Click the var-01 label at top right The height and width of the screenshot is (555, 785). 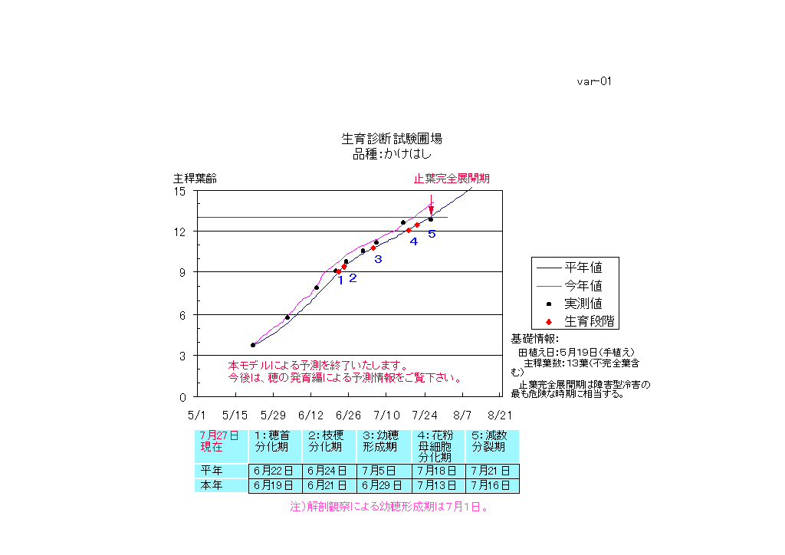pos(594,81)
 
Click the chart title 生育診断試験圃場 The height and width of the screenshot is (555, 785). pos(392,139)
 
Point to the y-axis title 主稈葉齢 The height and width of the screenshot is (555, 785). pos(195,179)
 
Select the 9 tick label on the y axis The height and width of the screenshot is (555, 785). pos(182,272)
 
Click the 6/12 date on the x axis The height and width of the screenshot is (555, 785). pos(310,415)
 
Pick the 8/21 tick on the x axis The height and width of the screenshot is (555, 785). pos(500,415)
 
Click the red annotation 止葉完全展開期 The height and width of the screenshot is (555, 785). pos(452,179)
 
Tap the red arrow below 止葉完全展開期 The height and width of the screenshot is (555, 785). pos(432,205)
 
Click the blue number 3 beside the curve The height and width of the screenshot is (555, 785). pos(378,259)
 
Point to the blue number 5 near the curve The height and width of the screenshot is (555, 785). pos(432,234)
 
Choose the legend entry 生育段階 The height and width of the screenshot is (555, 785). pos(591,320)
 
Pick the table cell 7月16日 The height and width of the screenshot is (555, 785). pos(492,485)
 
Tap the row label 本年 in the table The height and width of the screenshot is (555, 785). pos(212,485)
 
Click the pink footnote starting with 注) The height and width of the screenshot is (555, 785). pos(389,507)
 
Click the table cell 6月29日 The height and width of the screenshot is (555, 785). pos(383,485)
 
